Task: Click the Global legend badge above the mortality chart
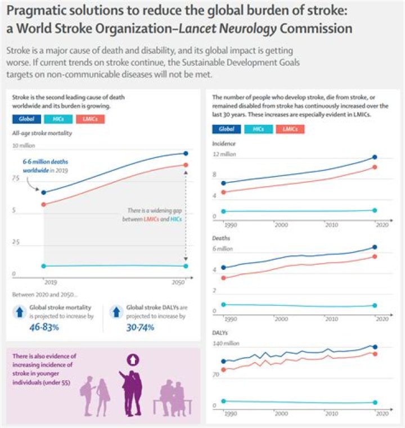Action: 26,119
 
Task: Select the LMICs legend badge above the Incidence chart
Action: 290,129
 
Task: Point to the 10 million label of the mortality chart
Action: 24,146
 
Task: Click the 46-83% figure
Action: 43,327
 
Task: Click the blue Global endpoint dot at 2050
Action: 186,153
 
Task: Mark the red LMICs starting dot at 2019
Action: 44,204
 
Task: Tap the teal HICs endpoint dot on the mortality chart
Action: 186,266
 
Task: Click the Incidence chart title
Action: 223,143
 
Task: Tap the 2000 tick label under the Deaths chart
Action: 281,319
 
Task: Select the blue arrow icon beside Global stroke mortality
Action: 19,312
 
